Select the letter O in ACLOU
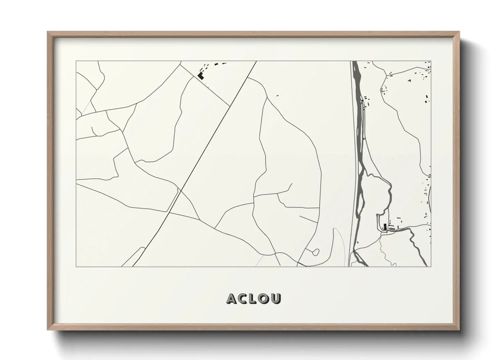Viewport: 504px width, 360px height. tap(265, 298)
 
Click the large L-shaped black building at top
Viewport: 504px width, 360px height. tap(201, 76)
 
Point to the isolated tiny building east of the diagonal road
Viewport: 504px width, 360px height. tap(277, 96)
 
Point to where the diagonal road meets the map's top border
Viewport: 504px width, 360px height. tap(256, 61)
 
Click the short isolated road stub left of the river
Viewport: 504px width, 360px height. tap(308, 218)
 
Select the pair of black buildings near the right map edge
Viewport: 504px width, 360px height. tap(427, 99)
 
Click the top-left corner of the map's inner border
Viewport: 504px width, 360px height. tap(76, 61)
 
